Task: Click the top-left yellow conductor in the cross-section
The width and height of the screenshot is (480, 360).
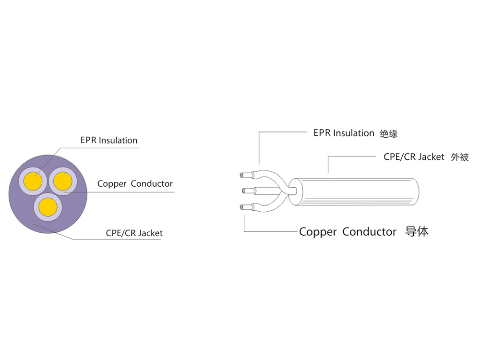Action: point(32,181)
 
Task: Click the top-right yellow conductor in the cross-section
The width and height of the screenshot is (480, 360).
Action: point(62,181)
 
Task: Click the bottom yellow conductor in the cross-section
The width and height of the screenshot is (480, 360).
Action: point(47,207)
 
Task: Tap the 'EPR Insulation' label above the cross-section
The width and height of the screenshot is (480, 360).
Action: point(108,140)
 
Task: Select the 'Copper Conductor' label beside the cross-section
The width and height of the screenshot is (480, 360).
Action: point(135,183)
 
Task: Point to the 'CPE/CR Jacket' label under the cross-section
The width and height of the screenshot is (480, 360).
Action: point(134,233)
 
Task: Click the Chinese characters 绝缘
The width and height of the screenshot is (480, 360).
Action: point(389,134)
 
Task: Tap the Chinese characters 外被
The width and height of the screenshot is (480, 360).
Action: point(459,157)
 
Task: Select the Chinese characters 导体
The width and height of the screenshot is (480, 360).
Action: point(417,232)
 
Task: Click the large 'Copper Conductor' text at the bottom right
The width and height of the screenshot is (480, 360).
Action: point(348,232)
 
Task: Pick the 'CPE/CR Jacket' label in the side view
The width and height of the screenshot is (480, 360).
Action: point(414,156)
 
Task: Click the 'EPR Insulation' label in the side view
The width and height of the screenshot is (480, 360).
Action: point(344,133)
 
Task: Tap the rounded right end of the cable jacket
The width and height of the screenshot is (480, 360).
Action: point(417,192)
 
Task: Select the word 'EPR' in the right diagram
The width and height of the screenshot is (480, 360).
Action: point(322,133)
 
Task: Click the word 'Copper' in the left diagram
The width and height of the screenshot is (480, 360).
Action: point(112,183)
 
